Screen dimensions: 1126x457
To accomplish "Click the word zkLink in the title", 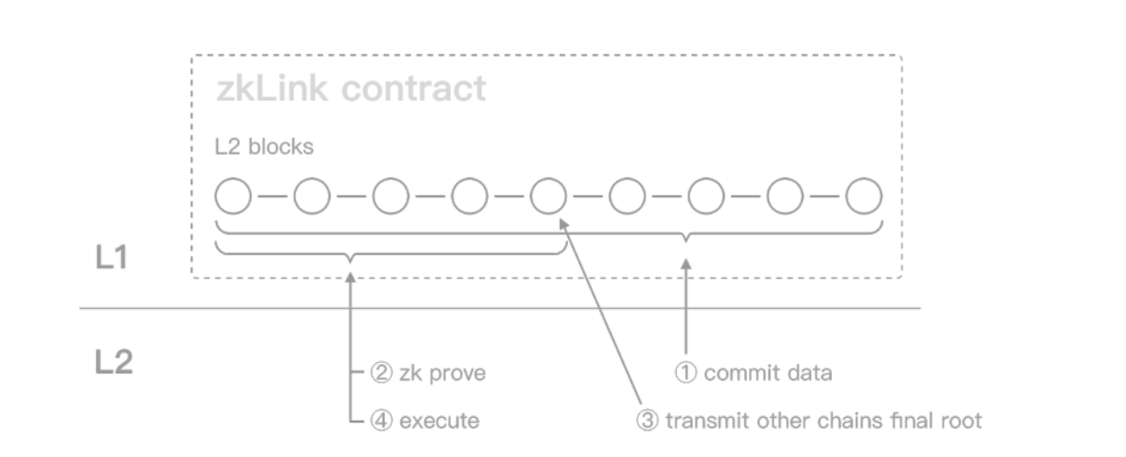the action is (272, 88).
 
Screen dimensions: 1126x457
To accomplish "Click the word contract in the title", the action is (414, 89).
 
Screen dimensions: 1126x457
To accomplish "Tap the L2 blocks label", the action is (264, 147).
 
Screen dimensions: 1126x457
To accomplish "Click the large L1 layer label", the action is (112, 258).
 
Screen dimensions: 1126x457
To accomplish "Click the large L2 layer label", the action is (115, 362).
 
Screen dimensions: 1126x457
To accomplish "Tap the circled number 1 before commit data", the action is (685, 373).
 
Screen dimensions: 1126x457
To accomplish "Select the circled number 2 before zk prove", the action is (381, 373).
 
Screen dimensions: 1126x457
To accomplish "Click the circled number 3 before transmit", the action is (647, 421).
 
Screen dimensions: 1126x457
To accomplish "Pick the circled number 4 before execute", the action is (381, 421).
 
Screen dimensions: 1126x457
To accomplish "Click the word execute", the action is (440, 421).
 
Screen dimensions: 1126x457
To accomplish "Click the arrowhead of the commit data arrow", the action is (685, 263).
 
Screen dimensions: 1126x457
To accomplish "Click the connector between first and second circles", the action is (273, 195).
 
